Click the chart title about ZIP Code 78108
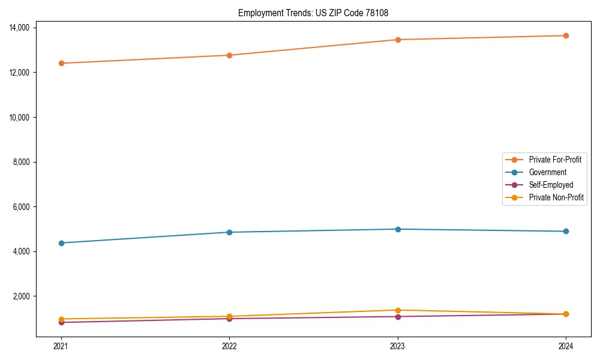[313, 13]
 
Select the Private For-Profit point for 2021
[61, 63]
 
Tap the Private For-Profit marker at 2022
[229, 55]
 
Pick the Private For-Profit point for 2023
[398, 40]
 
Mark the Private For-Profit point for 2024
[566, 35]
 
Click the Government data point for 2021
[61, 243]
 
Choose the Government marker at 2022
[229, 232]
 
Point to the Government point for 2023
[398, 229]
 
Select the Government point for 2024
[566, 231]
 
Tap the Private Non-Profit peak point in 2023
[398, 310]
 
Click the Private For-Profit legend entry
[555, 160]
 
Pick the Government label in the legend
[547, 172]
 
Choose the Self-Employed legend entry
[551, 185]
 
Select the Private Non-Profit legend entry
[556, 197]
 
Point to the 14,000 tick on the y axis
[22, 28]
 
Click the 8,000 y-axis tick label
[24, 162]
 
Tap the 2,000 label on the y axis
[24, 296]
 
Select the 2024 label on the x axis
[566, 346]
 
